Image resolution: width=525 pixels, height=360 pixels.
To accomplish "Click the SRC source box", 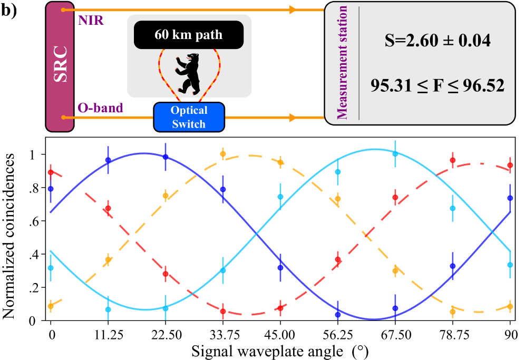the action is tap(60, 66).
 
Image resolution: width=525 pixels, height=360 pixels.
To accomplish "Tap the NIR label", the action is tap(91, 21).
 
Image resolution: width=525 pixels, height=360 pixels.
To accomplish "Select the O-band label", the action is tap(100, 108).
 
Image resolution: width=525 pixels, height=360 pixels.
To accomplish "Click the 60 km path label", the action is tap(188, 35).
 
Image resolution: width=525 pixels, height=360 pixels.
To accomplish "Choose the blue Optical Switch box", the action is tap(189, 117).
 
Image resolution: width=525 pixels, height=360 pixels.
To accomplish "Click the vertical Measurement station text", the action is tap(343, 63).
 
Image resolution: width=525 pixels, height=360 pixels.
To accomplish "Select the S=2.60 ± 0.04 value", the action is tap(437, 41).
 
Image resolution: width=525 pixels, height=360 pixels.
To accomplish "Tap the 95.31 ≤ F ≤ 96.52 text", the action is tap(437, 85).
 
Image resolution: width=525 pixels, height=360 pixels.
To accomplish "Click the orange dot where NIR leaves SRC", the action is tap(63, 9).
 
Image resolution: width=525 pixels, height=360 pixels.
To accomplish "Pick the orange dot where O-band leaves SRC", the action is tap(63, 117).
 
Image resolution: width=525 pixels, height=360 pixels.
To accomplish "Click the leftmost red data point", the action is tap(51, 172).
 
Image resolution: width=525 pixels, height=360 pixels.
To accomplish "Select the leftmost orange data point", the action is tap(51, 306).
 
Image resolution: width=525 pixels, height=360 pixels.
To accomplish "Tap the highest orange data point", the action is tap(223, 154).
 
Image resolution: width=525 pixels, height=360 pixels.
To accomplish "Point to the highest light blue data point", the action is tap(395, 154).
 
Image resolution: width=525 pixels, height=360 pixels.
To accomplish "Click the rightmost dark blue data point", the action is tap(510, 198).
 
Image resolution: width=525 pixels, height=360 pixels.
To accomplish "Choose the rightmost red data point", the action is tap(510, 165).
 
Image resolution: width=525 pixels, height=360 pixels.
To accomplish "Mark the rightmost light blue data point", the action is tap(510, 265).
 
